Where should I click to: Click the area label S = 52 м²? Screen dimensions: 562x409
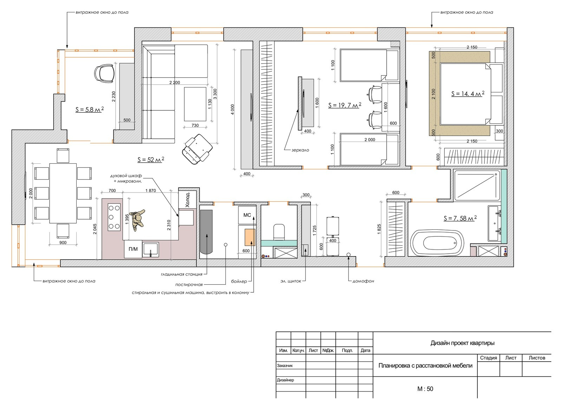click(151, 160)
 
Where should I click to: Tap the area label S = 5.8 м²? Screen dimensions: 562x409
click(90, 109)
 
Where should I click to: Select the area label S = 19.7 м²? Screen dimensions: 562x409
click(345, 105)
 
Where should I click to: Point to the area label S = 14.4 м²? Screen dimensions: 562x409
click(468, 93)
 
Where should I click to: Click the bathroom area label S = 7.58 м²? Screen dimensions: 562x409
click(460, 218)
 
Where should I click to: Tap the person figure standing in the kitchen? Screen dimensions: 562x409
click(137, 220)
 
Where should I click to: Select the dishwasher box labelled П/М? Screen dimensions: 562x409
click(133, 249)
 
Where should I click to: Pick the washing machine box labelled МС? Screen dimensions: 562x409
click(247, 215)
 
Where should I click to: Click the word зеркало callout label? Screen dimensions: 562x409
click(300, 150)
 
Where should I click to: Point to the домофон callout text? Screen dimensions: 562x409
click(363, 281)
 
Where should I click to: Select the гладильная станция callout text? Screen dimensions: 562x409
click(182, 274)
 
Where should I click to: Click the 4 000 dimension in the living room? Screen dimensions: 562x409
click(233, 110)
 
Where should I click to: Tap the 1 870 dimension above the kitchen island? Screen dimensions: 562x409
click(151, 190)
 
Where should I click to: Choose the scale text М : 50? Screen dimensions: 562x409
click(425, 389)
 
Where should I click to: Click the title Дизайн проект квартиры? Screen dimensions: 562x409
click(462, 343)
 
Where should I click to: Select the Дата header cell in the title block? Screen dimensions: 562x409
click(365, 350)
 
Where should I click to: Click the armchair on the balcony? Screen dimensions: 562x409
click(105, 73)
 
